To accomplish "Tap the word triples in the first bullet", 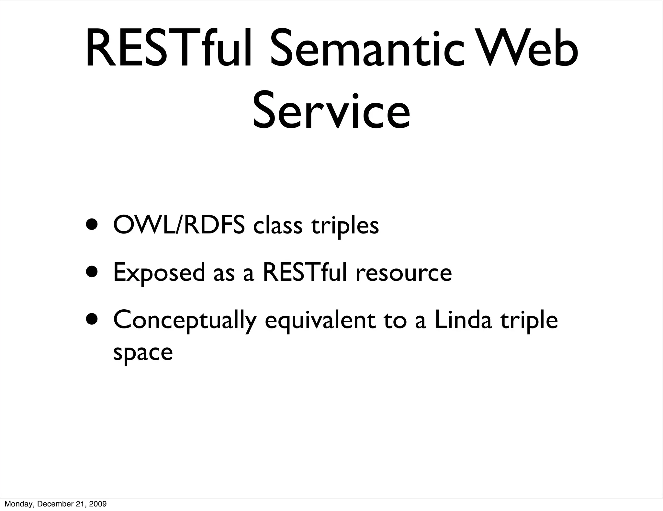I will (x=345, y=226).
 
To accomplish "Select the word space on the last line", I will (x=143, y=353).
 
